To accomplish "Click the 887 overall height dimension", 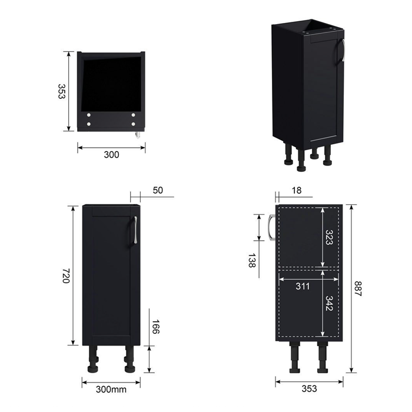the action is [358, 289].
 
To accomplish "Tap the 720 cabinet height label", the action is [66, 275].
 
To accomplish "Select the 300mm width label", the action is [111, 389].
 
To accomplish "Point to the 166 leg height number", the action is [156, 327].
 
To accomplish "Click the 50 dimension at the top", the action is [158, 190].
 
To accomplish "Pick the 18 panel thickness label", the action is [297, 190].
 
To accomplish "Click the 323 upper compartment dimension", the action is [329, 237].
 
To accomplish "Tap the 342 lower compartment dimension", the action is [329, 303].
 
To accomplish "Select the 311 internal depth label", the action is [303, 286].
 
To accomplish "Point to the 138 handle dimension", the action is [252, 260].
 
